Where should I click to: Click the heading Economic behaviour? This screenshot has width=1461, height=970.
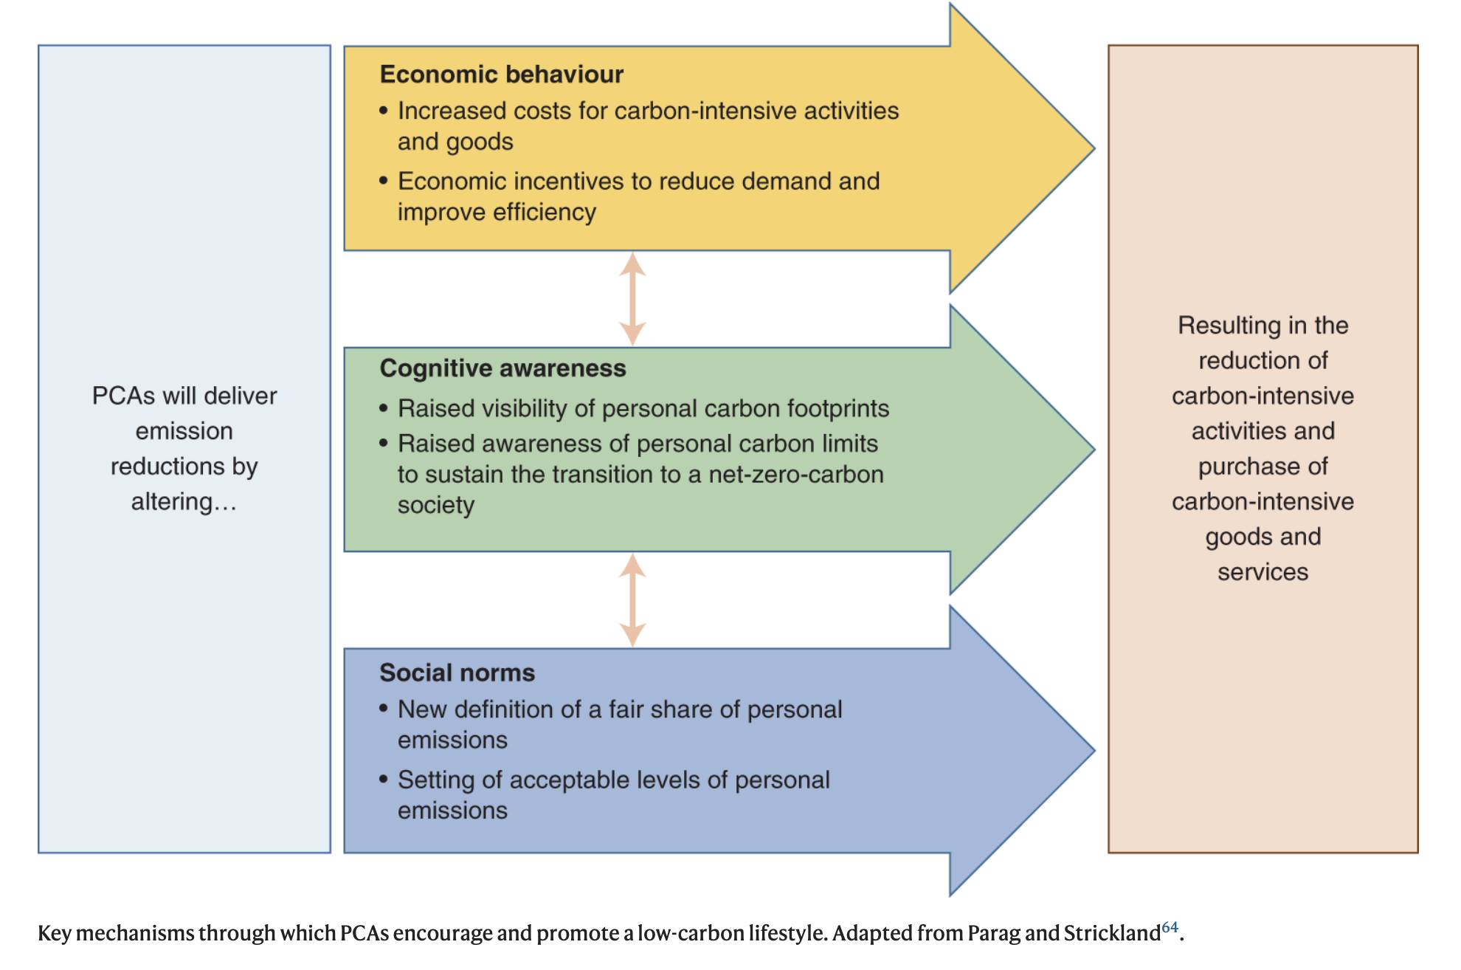502,75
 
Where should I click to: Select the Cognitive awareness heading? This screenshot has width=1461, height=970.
502,368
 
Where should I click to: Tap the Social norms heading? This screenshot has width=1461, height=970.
457,673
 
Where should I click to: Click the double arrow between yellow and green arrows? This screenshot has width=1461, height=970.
632,299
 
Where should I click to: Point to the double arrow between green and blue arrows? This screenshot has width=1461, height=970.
632,600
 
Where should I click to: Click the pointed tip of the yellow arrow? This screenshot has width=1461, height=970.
1094,148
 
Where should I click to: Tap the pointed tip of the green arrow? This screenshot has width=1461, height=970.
1094,450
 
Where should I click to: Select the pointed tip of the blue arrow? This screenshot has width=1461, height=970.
1094,751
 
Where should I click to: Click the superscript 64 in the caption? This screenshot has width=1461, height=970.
1170,927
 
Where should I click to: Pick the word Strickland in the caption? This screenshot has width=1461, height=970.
1112,934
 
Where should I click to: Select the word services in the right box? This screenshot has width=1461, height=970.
1263,572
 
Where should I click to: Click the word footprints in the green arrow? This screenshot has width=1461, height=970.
838,409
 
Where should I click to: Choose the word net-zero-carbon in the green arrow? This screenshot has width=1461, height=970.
796,475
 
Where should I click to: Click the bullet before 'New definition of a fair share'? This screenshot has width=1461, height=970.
384,709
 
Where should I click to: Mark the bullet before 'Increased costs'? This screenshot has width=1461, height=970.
384,111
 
